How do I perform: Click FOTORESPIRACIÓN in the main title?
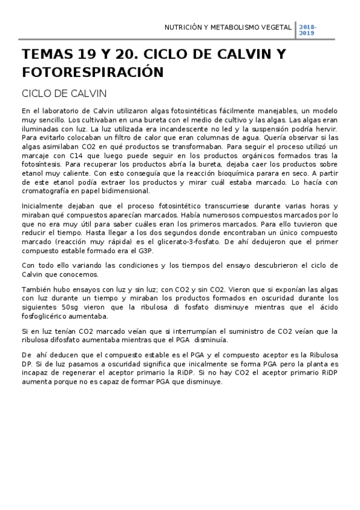[93, 73]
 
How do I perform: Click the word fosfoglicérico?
[46, 316]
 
